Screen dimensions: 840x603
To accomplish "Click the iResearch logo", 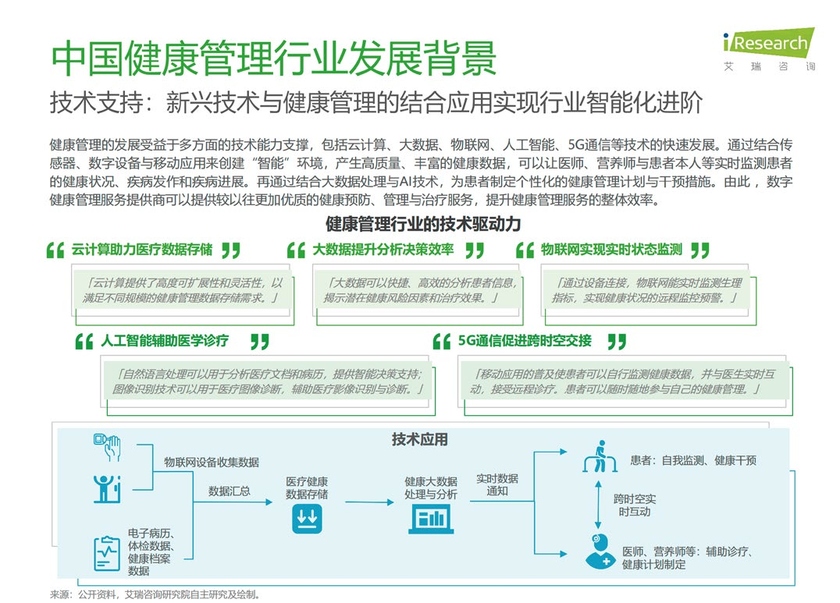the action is pyautogui.click(x=769, y=49).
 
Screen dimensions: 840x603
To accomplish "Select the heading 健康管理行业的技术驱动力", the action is pyautogui.click(x=423, y=224).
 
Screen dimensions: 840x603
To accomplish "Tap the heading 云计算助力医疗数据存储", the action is pyautogui.click(x=142, y=250).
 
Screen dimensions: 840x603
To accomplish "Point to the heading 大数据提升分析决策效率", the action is pyautogui.click(x=383, y=250).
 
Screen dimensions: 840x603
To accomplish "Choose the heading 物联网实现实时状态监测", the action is pyautogui.click(x=611, y=250).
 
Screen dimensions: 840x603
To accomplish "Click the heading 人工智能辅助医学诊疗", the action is pyautogui.click(x=165, y=341).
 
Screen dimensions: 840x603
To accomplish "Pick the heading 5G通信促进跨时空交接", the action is pyautogui.click(x=525, y=341).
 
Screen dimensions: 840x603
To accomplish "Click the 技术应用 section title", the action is pyautogui.click(x=419, y=440).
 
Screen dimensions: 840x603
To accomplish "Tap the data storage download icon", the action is pyautogui.click(x=307, y=519).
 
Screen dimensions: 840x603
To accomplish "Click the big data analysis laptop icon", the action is pyautogui.click(x=431, y=520).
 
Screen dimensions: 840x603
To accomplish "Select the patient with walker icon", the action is pyautogui.click(x=600, y=456).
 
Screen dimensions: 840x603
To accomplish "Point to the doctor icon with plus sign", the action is pyautogui.click(x=600, y=551).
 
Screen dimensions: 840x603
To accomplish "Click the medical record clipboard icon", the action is pyautogui.click(x=107, y=553).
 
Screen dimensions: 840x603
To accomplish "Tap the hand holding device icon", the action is pyautogui.click(x=107, y=447).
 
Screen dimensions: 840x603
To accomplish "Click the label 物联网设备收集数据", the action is pyautogui.click(x=212, y=462).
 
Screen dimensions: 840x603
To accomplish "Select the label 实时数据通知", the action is pyautogui.click(x=497, y=484).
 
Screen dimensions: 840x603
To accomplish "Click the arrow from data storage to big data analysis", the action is pyautogui.click(x=369, y=502).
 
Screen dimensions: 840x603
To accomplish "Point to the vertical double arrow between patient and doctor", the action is pyautogui.click(x=599, y=505).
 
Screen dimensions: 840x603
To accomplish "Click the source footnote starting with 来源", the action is pyautogui.click(x=155, y=594).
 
